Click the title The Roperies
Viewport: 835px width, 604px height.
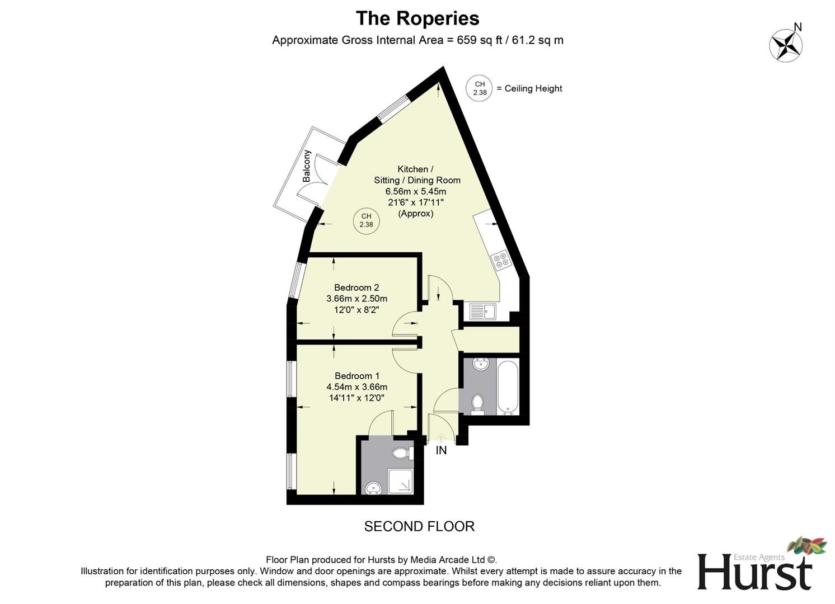click(x=417, y=18)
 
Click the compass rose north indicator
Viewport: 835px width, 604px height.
click(x=786, y=44)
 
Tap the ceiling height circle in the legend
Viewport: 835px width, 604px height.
click(x=479, y=88)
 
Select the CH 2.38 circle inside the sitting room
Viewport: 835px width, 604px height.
click(x=366, y=221)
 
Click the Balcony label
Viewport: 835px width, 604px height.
click(x=307, y=166)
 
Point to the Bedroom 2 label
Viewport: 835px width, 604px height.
click(x=356, y=287)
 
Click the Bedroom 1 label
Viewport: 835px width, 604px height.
click(x=357, y=376)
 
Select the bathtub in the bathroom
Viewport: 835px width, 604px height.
click(x=508, y=388)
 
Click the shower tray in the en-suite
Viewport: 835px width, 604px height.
click(x=400, y=481)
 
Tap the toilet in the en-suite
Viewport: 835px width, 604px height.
click(x=402, y=452)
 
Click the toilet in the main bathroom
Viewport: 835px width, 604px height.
click(x=477, y=403)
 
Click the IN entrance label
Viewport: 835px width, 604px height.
click(x=441, y=450)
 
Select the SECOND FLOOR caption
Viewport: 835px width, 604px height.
click(x=419, y=526)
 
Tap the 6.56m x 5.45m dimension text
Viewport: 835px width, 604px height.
click(x=415, y=191)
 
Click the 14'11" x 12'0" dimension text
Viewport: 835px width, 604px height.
click(x=357, y=398)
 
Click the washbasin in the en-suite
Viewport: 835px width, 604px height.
click(x=373, y=489)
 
